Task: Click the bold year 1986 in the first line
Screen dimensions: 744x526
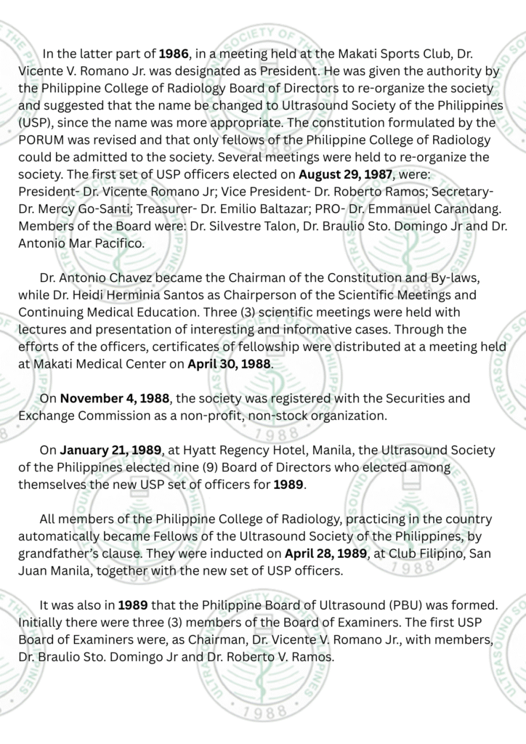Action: [x=174, y=54]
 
